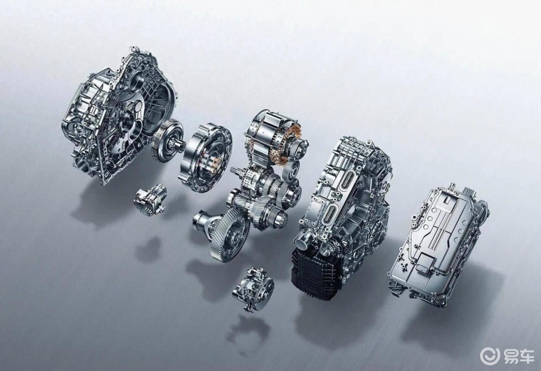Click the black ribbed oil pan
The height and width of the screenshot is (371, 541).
[x=317, y=273]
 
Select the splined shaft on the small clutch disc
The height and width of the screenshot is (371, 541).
[x=177, y=142]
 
